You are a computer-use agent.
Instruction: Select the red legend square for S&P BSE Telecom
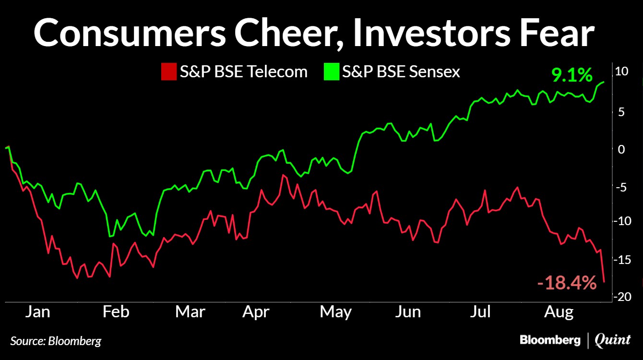click(169, 72)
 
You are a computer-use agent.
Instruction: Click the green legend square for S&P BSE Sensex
click(332, 72)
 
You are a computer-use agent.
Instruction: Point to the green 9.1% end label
click(572, 75)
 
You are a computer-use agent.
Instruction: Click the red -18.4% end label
click(567, 283)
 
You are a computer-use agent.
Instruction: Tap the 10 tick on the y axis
click(621, 72)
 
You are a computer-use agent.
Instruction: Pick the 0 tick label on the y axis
click(621, 150)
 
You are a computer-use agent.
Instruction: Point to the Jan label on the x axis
click(37, 312)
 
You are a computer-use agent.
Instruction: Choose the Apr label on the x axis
click(256, 312)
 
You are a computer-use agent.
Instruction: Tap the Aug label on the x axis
click(559, 312)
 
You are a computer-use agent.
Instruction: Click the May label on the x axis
click(335, 312)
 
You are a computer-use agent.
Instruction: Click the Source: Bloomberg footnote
click(56, 341)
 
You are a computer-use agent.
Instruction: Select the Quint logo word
click(613, 340)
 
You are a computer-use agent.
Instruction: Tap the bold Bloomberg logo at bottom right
click(550, 340)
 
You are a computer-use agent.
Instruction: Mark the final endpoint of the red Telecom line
click(604, 282)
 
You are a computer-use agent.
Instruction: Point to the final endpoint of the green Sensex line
click(604, 82)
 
